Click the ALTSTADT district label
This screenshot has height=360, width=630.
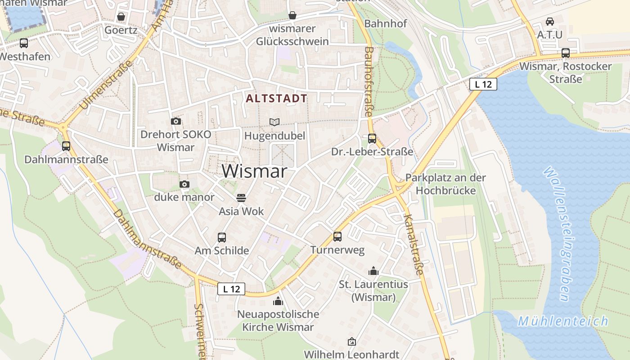tap(277, 99)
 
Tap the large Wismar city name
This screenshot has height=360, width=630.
tap(254, 171)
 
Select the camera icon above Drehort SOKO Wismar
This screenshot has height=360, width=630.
tap(176, 121)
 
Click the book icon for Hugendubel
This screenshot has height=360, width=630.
tap(274, 122)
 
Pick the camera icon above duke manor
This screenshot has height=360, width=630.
tap(184, 184)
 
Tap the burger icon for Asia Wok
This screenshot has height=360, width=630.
tap(241, 198)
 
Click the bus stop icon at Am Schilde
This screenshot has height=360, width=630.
tap(221, 238)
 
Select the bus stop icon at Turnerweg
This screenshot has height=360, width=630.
tap(337, 237)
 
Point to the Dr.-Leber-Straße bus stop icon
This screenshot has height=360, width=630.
tap(372, 139)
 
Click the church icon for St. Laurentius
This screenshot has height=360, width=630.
tap(373, 271)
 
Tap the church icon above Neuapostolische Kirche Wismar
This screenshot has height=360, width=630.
tap(278, 301)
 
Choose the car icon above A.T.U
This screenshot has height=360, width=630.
tap(549, 21)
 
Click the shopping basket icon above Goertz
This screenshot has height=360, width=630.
tap(121, 17)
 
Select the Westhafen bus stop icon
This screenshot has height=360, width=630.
tap(24, 43)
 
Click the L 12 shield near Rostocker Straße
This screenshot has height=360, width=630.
tap(483, 84)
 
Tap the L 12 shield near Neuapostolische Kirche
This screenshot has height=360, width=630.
tap(231, 289)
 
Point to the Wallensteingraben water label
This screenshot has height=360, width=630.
tap(557, 234)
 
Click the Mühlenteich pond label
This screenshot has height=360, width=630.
tap(562, 321)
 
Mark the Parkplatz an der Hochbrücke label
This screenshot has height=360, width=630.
tap(445, 184)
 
